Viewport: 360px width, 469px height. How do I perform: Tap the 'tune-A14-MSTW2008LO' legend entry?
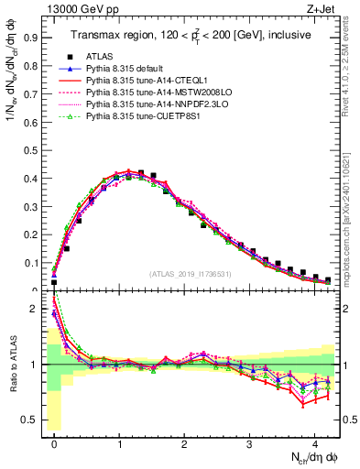coord(153,93)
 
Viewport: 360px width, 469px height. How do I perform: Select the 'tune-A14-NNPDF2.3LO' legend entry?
coord(152,104)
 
